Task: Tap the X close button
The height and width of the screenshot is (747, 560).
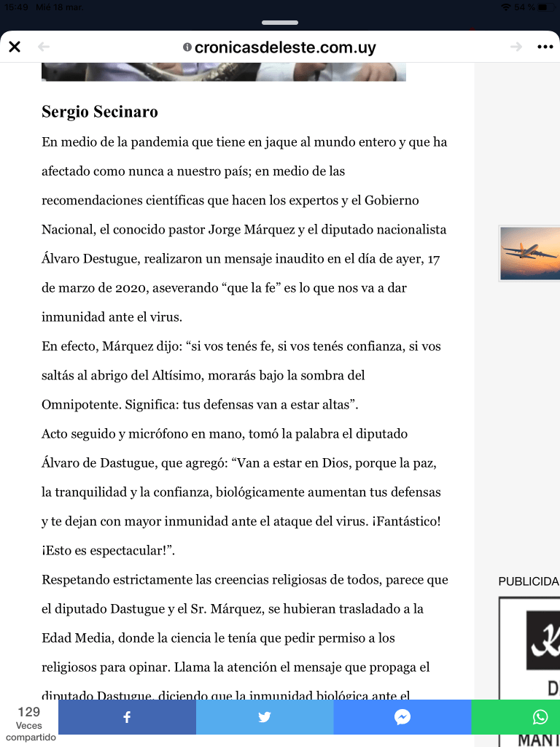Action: tap(15, 47)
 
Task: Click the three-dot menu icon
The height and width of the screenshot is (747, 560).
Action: tap(545, 47)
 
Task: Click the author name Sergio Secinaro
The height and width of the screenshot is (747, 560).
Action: tap(100, 112)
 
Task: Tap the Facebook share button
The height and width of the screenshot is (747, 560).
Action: tap(127, 717)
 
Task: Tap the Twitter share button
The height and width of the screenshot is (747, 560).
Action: tap(265, 717)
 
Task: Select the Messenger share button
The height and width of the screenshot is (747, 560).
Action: tap(402, 717)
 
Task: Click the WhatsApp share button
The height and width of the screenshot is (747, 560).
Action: tap(540, 717)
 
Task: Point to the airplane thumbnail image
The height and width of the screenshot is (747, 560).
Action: tap(529, 253)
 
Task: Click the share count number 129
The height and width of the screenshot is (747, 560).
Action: tap(29, 712)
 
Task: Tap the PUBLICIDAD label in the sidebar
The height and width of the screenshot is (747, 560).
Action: tap(529, 581)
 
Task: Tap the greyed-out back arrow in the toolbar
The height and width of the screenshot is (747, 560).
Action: tap(44, 47)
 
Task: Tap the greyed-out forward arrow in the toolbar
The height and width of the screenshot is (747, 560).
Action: tap(516, 47)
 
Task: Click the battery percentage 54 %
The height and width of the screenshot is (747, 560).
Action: tap(524, 7)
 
